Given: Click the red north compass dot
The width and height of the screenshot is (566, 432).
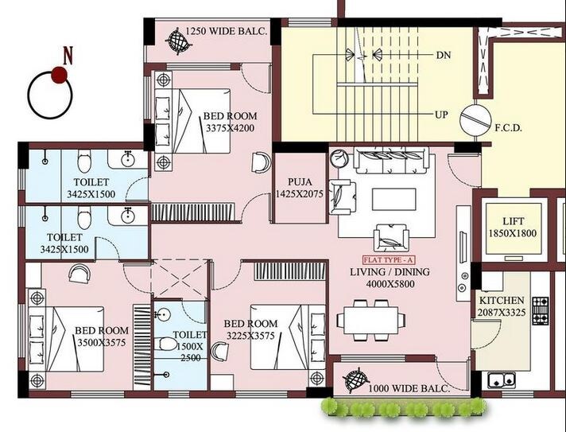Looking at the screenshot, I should pos(59,75).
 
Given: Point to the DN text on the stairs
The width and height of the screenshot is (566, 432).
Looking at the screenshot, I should pos(444,55).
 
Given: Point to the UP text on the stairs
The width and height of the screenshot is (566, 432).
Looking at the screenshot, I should pos(441,115).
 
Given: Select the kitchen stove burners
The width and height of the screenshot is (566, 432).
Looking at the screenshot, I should pos(541,312).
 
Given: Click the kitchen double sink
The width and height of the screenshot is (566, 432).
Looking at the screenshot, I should pos(501,379).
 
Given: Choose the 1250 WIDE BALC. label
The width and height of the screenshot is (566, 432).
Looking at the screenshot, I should pos(227,32).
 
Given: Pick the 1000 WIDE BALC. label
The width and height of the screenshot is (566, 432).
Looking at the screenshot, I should pos(409,388).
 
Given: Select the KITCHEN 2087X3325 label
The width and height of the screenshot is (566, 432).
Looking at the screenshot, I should pos(501,306).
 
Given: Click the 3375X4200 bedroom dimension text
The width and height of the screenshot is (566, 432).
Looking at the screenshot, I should pos(230,127).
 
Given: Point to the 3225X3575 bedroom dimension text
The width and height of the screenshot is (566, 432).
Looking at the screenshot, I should pos(250,336).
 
